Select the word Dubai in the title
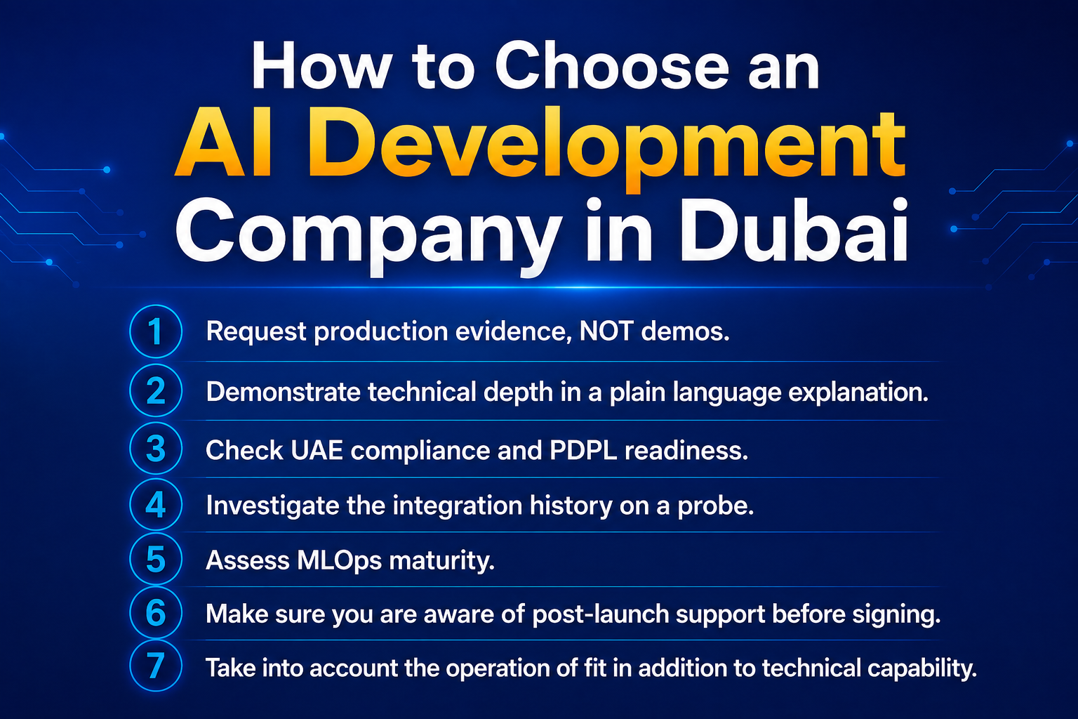(x=794, y=231)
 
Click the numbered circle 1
(x=155, y=331)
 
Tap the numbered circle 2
(x=155, y=390)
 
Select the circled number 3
(x=155, y=449)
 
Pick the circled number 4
(x=155, y=504)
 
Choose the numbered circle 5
(x=155, y=559)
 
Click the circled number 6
(x=155, y=612)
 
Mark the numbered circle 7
(x=155, y=666)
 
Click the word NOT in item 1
(x=606, y=331)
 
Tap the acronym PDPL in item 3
(x=583, y=451)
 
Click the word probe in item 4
(x=716, y=506)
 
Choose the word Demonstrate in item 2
(x=283, y=392)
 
